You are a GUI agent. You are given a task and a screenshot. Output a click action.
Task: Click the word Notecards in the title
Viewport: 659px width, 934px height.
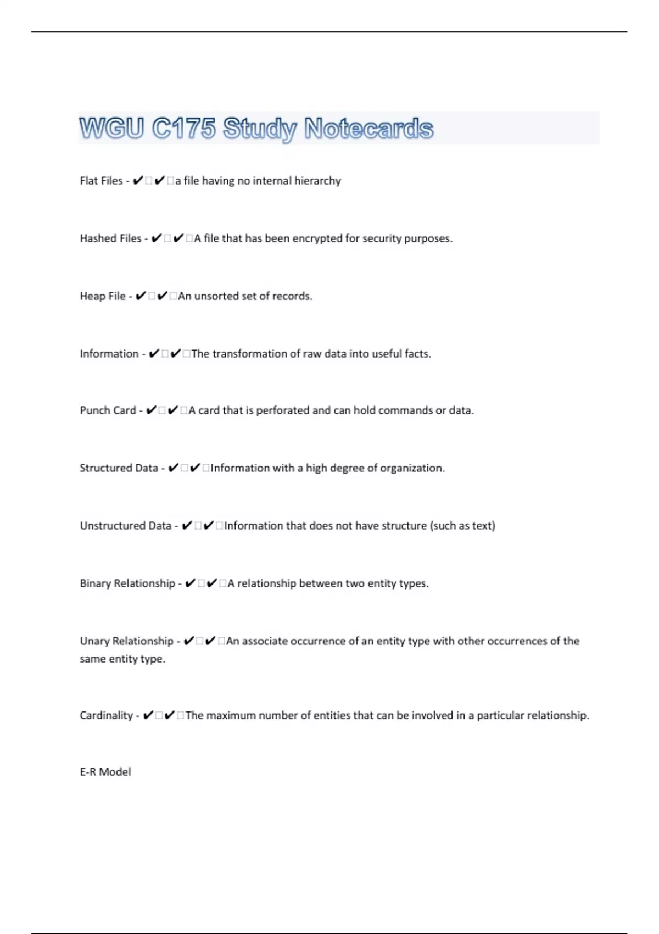(368, 129)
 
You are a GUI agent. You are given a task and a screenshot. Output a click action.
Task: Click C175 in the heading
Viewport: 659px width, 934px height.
(183, 129)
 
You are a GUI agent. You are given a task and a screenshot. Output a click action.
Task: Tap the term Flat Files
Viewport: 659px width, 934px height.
(101, 181)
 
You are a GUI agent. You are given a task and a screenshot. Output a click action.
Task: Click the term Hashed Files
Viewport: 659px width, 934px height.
(110, 238)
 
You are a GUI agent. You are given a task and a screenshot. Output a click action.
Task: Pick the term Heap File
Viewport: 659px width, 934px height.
(103, 296)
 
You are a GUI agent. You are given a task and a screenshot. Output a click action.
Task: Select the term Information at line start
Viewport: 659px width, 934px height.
(109, 354)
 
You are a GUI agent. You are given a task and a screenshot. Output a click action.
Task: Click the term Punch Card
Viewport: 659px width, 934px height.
(108, 410)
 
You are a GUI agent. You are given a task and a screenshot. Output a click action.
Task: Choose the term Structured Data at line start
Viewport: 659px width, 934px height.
(119, 468)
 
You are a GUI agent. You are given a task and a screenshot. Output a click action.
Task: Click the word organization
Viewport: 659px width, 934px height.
(411, 468)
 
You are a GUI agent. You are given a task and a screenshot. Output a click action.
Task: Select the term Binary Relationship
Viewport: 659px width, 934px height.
(127, 583)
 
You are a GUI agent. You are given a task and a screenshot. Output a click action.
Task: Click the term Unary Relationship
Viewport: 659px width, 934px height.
(126, 641)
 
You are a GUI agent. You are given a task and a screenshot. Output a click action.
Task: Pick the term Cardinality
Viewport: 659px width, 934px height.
(106, 715)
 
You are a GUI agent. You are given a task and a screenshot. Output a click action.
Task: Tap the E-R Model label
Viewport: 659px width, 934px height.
(105, 772)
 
